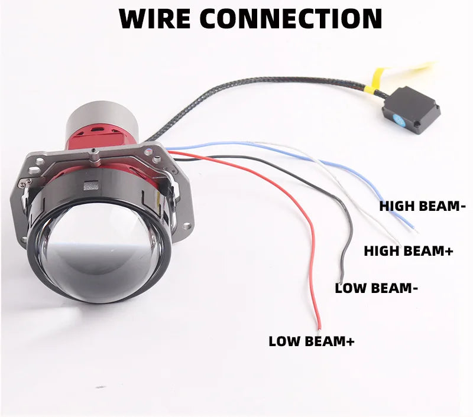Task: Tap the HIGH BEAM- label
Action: tap(423, 206)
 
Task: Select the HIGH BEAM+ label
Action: tap(408, 251)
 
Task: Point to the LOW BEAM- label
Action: tap(377, 288)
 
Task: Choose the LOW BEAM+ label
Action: tap(312, 341)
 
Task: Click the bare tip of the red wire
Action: tap(319, 325)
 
